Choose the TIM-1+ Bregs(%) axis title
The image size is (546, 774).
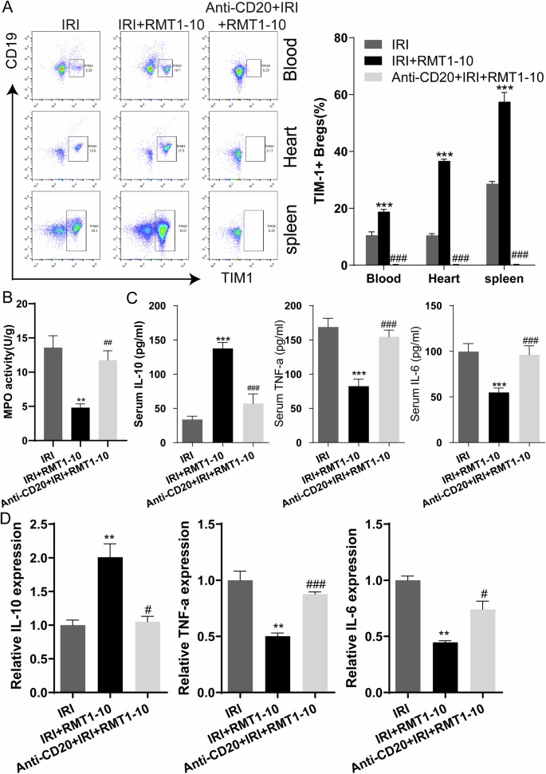pos(321,151)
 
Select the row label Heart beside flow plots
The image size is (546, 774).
pos(291,138)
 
